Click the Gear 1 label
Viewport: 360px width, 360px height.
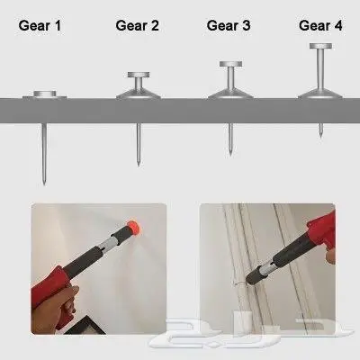click(40, 25)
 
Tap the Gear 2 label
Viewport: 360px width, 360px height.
click(137, 25)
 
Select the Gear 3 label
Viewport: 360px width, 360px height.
click(229, 25)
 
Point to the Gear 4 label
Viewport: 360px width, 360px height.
click(320, 25)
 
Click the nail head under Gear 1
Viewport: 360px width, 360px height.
click(45, 94)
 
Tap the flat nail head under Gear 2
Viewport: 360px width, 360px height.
click(139, 75)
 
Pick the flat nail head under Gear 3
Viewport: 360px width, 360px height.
click(230, 64)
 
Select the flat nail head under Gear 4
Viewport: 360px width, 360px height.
click(320, 46)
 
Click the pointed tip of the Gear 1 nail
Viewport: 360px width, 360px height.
click(44, 184)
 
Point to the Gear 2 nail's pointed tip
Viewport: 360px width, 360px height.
click(139, 165)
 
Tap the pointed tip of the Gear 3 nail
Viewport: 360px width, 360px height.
click(230, 154)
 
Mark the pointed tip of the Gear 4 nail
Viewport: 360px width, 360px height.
click(320, 137)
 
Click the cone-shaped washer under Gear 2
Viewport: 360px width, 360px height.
click(139, 94)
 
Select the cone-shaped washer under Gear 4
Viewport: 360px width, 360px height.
click(320, 94)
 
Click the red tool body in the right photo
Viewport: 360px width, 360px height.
click(321, 229)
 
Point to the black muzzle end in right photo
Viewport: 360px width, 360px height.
click(255, 275)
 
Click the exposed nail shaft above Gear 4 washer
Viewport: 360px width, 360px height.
click(320, 69)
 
